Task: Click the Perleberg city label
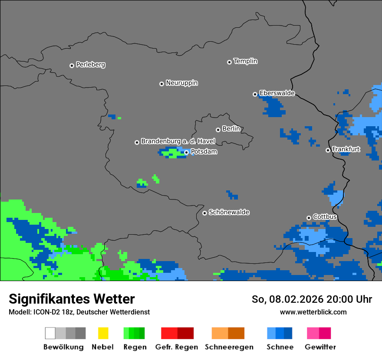click(x=90, y=65)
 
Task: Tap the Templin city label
click(x=245, y=61)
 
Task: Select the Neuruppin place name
click(x=181, y=83)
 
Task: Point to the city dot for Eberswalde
click(x=255, y=94)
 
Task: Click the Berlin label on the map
click(x=231, y=129)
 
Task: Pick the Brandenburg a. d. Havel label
click(x=178, y=141)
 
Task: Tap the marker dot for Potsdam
click(x=187, y=152)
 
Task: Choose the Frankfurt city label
click(x=346, y=149)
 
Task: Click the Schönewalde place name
click(x=229, y=212)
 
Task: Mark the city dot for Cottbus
click(x=309, y=218)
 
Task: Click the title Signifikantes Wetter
click(x=72, y=299)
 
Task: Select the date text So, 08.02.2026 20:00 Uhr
click(x=312, y=299)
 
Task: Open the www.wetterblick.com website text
click(x=313, y=312)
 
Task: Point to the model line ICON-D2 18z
click(x=79, y=312)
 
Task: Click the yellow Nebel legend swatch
click(x=103, y=333)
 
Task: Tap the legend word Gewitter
click(x=320, y=347)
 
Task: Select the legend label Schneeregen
click(x=229, y=347)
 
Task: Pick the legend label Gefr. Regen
click(x=176, y=347)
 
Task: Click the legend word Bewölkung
click(x=63, y=347)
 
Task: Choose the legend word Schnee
click(x=280, y=347)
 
